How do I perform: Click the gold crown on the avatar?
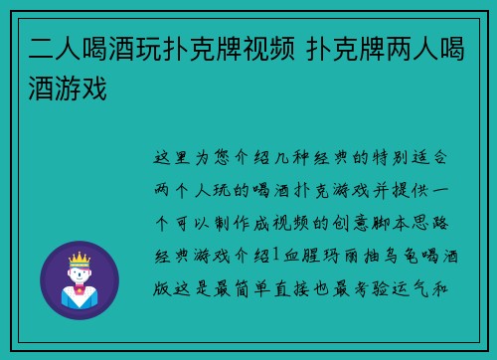click(78, 261)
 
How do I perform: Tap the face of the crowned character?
click(78, 275)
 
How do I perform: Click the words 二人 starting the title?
click(49, 50)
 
